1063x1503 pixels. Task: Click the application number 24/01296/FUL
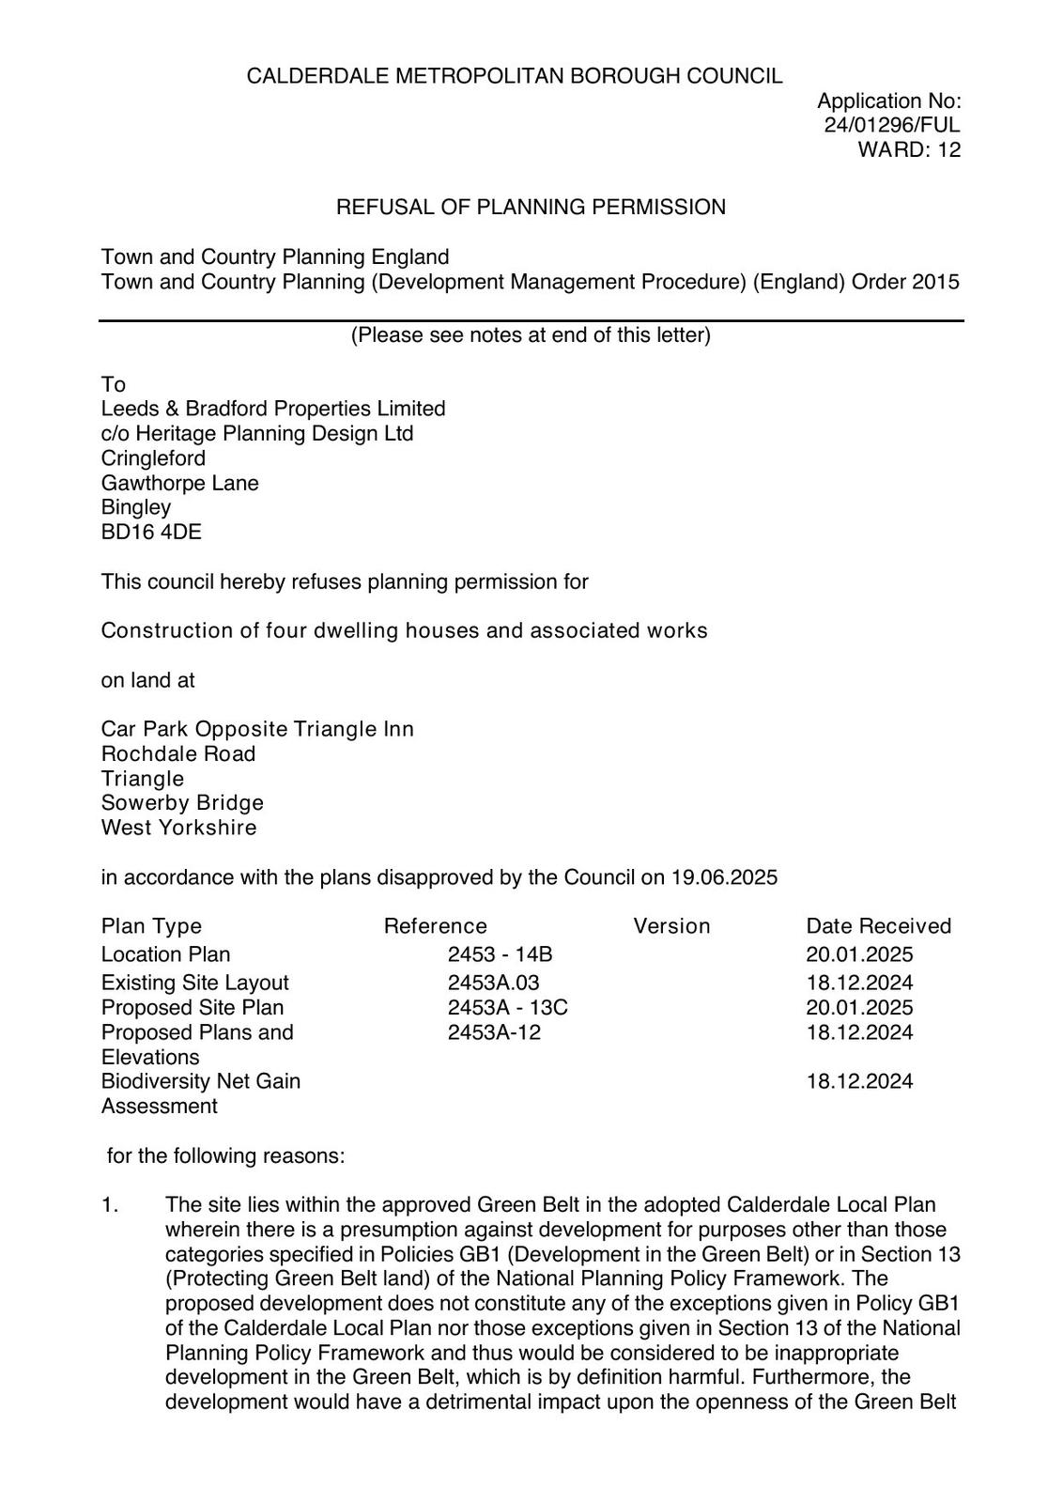(x=891, y=125)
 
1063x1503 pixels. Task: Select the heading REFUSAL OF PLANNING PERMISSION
(x=531, y=208)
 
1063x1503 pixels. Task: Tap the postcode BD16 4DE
(x=151, y=533)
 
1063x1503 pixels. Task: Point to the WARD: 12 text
(x=909, y=149)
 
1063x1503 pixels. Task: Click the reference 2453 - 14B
(x=500, y=954)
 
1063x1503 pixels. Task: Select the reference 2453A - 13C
(x=507, y=1008)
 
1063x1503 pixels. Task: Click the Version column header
(x=671, y=926)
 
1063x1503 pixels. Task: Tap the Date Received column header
(x=878, y=926)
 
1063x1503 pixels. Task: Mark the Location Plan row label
(x=165, y=954)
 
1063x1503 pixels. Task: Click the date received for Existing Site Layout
(x=859, y=983)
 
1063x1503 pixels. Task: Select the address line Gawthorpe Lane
(x=179, y=483)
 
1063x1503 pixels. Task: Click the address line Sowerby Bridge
(x=182, y=803)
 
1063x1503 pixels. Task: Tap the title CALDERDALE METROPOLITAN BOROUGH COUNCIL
(x=514, y=76)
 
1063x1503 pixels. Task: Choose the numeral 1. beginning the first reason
(x=110, y=1205)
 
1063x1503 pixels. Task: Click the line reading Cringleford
(x=153, y=458)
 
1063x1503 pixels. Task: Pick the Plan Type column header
(x=151, y=926)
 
